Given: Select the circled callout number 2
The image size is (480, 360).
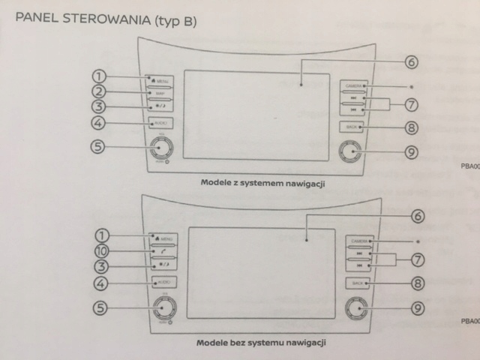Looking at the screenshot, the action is (100, 92).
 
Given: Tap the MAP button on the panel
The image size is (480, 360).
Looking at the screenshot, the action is (161, 93).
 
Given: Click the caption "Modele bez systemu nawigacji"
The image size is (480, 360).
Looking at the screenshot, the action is (260, 342).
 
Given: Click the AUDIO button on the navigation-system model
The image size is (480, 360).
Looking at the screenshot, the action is (161, 122).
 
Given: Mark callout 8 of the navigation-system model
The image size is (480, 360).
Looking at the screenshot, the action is (411, 127).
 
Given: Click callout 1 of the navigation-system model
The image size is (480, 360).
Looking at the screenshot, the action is (100, 76).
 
